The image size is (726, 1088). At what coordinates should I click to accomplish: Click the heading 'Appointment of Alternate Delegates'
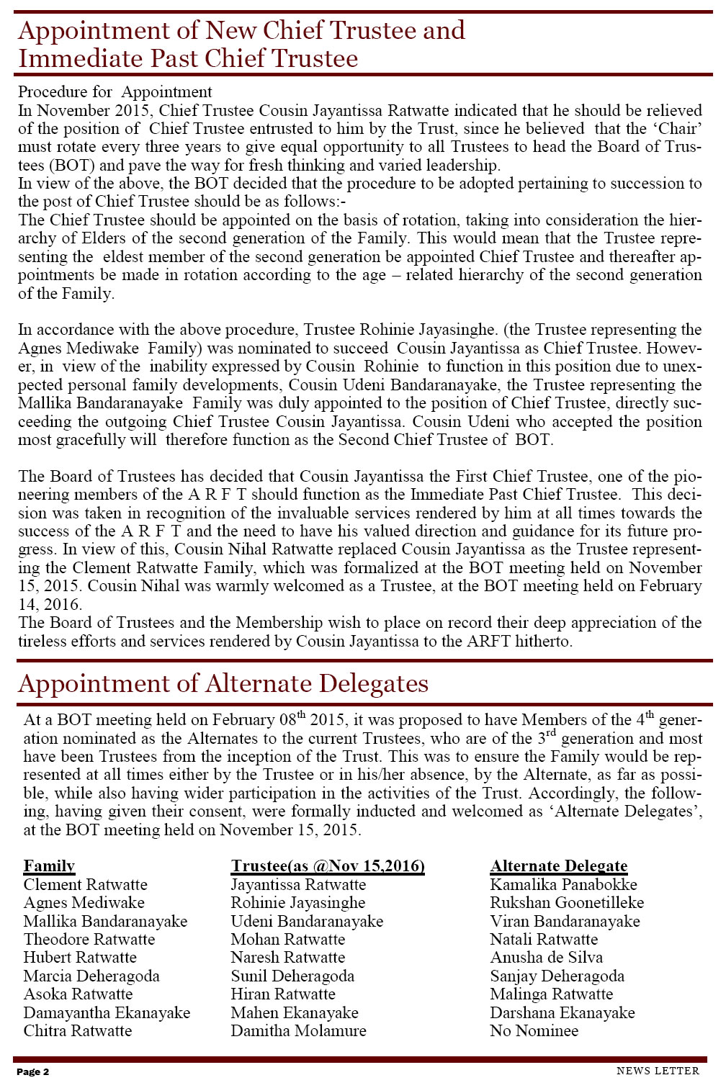(x=223, y=683)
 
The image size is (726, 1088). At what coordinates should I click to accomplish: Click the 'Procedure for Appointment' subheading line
(x=115, y=92)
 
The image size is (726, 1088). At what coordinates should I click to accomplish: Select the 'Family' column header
(x=49, y=866)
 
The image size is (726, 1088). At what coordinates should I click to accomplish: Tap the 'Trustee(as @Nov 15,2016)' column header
(x=328, y=866)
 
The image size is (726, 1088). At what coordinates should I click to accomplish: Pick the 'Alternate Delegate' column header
(x=559, y=866)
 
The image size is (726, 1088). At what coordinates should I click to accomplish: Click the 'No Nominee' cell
(x=534, y=1031)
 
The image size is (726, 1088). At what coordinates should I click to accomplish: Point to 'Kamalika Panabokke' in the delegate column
(x=563, y=885)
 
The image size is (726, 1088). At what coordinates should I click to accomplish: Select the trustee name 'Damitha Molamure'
(x=298, y=1031)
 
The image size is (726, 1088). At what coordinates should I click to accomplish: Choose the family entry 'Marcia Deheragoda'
(x=91, y=976)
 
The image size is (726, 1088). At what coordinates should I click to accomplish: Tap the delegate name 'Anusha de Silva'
(x=546, y=958)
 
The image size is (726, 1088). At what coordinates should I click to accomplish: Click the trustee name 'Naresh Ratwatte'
(x=287, y=958)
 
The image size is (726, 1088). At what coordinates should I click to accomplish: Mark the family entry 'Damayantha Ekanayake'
(x=107, y=1013)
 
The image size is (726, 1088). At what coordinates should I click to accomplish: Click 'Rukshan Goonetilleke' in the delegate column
(x=567, y=903)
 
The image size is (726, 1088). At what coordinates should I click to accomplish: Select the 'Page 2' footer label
(x=33, y=1072)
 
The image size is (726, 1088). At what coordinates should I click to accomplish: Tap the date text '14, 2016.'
(x=50, y=605)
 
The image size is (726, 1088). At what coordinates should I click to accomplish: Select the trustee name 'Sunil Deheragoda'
(x=292, y=976)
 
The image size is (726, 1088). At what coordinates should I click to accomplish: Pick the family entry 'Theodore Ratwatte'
(x=89, y=940)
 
